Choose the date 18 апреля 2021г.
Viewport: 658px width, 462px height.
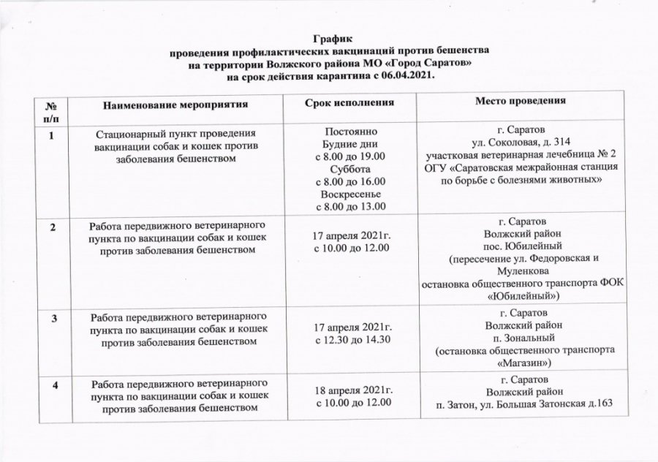350,390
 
